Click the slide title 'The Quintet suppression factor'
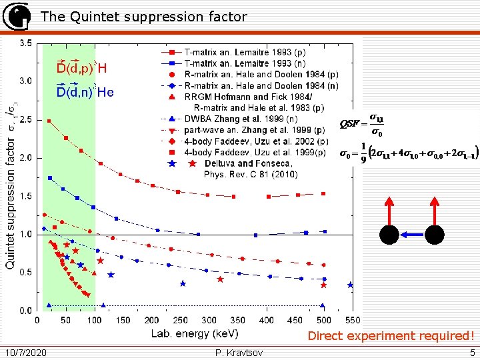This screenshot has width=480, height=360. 143,17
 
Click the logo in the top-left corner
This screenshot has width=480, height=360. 17,17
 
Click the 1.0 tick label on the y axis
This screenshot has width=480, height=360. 25,235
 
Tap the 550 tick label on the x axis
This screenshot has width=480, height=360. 353,321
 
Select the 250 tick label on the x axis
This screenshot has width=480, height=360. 181,321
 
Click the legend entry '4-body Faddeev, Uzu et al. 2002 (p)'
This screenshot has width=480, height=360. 256,141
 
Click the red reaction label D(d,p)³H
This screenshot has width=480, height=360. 81,68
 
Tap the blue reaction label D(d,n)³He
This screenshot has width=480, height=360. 85,92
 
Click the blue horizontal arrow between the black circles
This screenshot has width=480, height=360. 411,235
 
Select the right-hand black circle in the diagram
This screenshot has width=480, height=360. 434,235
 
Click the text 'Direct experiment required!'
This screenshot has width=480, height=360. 391,336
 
